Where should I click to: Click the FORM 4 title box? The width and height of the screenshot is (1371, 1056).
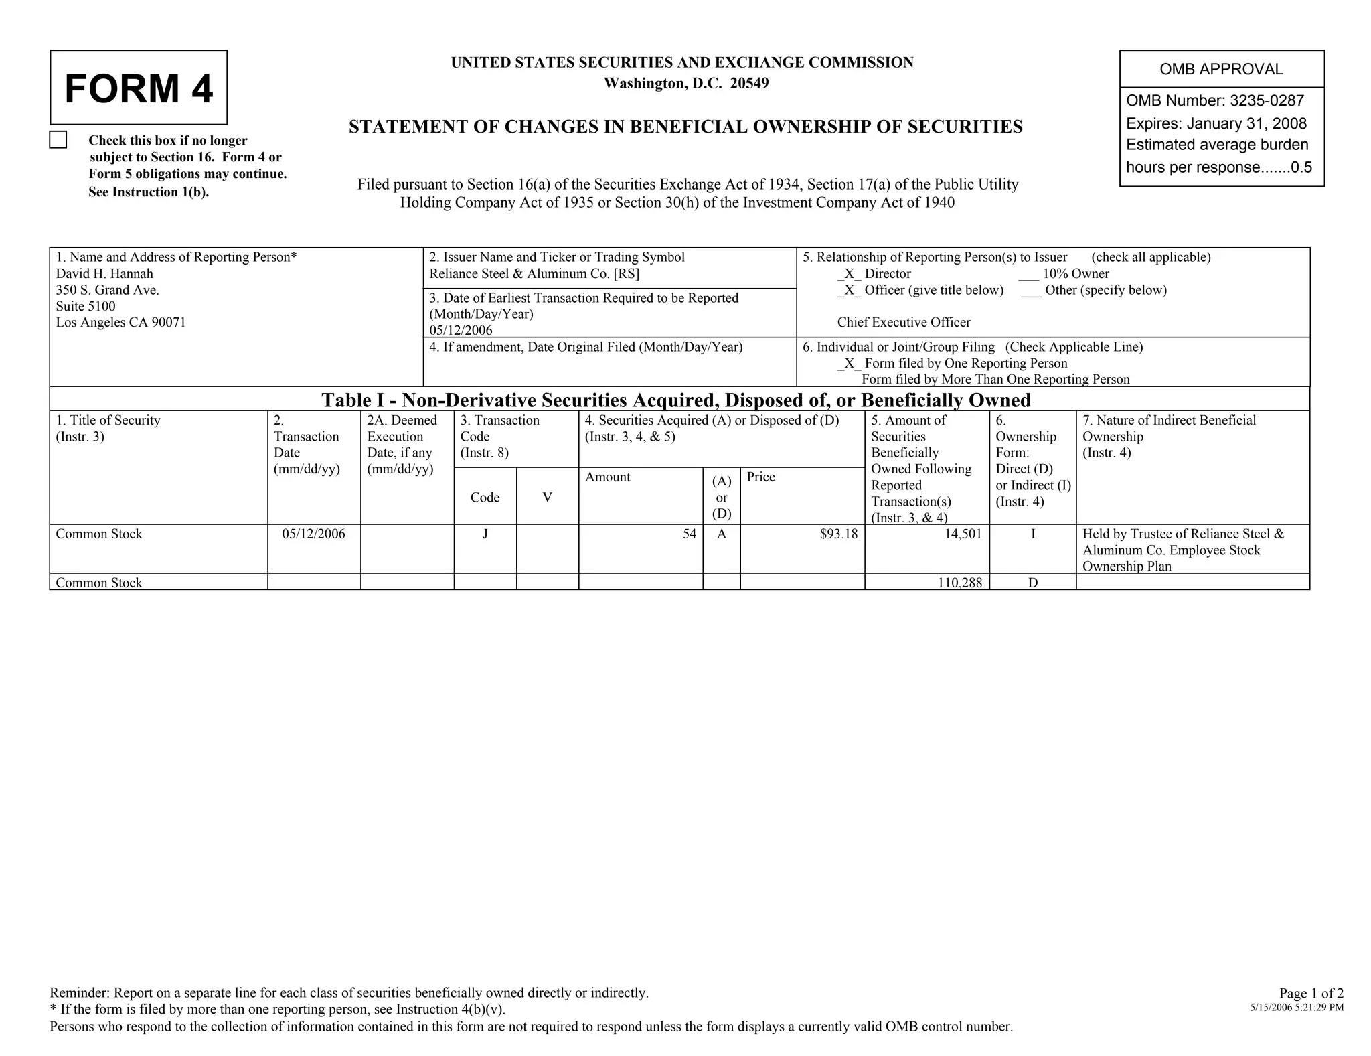pos(139,88)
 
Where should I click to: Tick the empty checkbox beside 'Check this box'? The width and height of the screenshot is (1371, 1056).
pos(58,140)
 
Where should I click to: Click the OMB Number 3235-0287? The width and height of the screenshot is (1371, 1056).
pos(1214,101)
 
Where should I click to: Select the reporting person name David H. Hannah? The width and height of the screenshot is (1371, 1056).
pos(104,273)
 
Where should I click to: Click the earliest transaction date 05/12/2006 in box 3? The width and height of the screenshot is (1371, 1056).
pos(461,330)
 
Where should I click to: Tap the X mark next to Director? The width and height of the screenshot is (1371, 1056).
pos(848,273)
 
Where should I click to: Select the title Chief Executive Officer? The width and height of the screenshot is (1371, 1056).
pos(903,322)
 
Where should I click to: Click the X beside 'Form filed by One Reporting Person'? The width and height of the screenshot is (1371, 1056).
pos(848,363)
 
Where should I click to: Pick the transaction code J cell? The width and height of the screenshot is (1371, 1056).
pos(485,534)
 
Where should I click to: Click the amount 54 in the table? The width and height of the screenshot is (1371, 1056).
pos(690,534)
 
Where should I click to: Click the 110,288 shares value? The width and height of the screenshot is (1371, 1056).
pos(959,583)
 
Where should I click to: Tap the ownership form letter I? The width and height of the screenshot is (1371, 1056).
pos(1033,534)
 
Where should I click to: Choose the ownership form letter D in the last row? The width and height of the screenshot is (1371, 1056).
pos(1033,583)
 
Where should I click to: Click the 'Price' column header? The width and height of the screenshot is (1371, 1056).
pos(760,477)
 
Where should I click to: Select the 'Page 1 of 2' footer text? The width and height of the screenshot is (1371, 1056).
pos(1311,993)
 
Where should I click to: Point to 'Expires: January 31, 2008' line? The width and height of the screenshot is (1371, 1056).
pos(1216,123)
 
